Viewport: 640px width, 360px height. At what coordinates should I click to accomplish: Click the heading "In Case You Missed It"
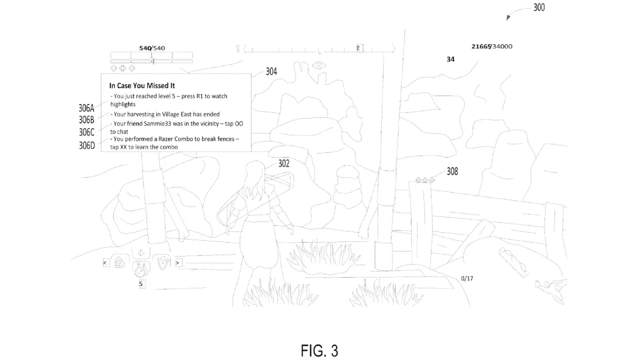(142, 85)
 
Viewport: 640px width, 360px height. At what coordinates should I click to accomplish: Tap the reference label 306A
(86, 108)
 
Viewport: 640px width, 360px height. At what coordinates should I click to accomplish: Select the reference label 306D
(87, 145)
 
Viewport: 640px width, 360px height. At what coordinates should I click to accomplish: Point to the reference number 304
(271, 71)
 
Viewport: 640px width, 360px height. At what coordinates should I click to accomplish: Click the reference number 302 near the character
(283, 163)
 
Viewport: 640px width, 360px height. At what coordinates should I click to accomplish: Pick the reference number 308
(452, 171)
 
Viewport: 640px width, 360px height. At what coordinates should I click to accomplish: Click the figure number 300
(539, 7)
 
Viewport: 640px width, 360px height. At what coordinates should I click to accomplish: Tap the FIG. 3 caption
(319, 350)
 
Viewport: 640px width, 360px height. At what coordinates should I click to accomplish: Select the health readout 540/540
(152, 48)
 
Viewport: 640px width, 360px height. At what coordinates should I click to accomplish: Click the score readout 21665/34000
(491, 46)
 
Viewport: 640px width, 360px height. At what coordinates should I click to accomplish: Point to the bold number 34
(450, 59)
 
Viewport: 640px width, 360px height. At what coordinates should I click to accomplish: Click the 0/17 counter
(467, 278)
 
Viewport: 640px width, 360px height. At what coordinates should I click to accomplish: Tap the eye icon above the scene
(319, 65)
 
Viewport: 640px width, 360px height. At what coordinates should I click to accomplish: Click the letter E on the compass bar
(358, 48)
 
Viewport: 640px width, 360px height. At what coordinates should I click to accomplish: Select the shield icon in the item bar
(163, 262)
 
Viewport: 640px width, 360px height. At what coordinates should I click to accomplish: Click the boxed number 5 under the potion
(141, 284)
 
